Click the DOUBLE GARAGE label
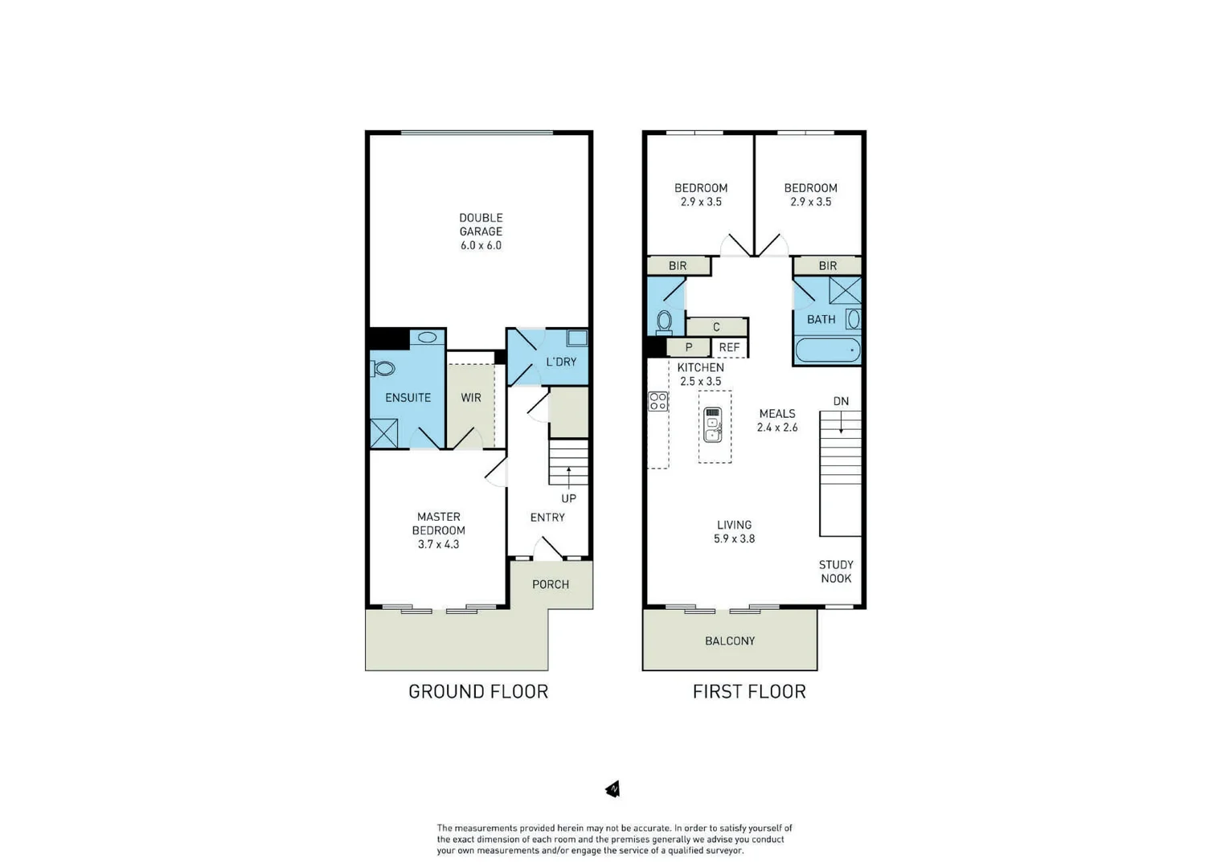pyautogui.click(x=481, y=224)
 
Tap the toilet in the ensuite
pyautogui.click(x=383, y=369)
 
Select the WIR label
pyautogui.click(x=471, y=398)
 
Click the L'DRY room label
pyautogui.click(x=561, y=362)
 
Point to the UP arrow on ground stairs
pyautogui.click(x=569, y=477)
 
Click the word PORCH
pyautogui.click(x=551, y=584)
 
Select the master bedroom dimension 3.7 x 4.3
pyautogui.click(x=438, y=544)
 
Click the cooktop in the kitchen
pyautogui.click(x=658, y=401)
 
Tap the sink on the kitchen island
pyautogui.click(x=712, y=426)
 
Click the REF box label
pyautogui.click(x=729, y=348)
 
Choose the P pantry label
pyautogui.click(x=689, y=348)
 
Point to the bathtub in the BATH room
pyautogui.click(x=827, y=350)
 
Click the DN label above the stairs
pyautogui.click(x=841, y=401)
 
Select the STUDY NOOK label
pyautogui.click(x=836, y=571)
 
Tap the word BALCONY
pyautogui.click(x=730, y=641)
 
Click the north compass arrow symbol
pyautogui.click(x=613, y=789)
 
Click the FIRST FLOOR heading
pyautogui.click(x=749, y=691)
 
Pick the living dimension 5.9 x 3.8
pyautogui.click(x=734, y=538)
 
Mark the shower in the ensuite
pyautogui.click(x=384, y=433)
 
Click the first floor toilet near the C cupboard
pyautogui.click(x=664, y=321)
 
